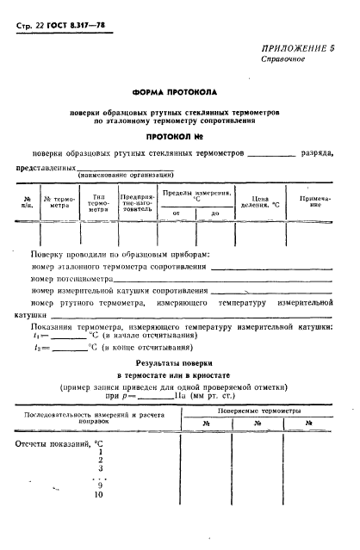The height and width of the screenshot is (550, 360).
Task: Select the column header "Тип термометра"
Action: coord(99,202)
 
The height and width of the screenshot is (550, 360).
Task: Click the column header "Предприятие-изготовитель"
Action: coord(136,202)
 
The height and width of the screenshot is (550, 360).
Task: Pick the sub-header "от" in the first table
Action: coord(177,212)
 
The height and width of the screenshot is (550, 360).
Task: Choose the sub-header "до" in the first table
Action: coord(214,212)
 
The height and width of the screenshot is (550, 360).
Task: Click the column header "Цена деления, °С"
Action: coord(260,203)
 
